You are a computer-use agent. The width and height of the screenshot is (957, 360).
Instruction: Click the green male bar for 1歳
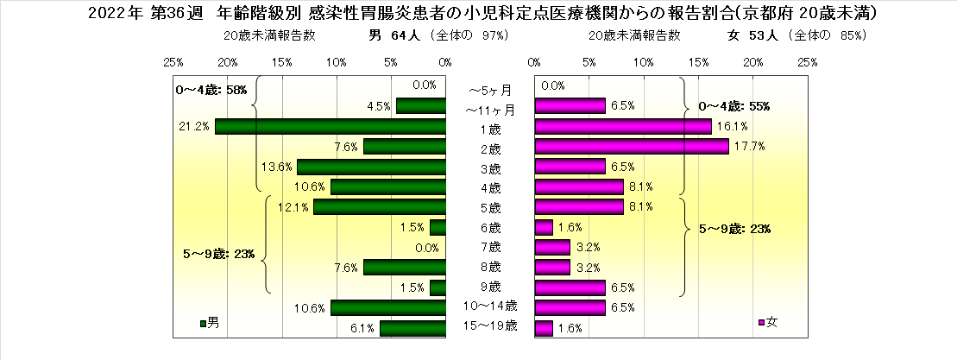point(331,126)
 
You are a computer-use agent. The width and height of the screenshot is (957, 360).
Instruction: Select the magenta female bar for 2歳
point(632,147)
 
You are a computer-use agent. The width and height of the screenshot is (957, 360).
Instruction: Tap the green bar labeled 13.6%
point(371,167)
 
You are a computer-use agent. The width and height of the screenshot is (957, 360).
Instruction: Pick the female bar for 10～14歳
point(570,306)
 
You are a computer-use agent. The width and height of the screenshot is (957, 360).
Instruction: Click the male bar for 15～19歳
point(412,328)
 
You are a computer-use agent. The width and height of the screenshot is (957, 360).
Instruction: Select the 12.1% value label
point(293,207)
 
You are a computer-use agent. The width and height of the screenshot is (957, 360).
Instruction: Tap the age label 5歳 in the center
point(490,208)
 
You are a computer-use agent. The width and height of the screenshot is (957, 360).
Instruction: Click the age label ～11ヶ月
point(490,110)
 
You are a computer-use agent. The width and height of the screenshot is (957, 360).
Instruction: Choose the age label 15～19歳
point(490,326)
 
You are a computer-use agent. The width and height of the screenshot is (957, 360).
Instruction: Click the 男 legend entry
point(210,323)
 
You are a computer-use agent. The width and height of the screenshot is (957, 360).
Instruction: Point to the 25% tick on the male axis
point(173,62)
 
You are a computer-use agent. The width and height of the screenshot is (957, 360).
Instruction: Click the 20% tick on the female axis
point(752,62)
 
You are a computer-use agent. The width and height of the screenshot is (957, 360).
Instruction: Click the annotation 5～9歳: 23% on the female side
point(733,230)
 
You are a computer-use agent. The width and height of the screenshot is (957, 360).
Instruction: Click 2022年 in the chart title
point(116,13)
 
